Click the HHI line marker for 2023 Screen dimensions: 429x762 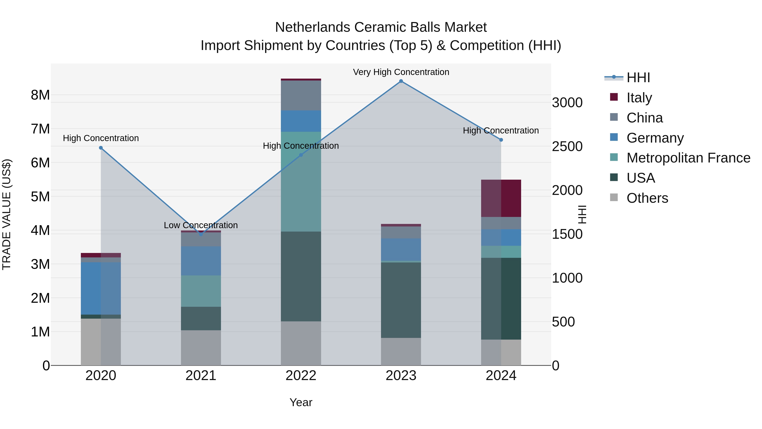click(x=401, y=81)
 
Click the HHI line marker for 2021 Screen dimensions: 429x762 click(x=201, y=234)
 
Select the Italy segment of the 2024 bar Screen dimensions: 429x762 click(x=501, y=198)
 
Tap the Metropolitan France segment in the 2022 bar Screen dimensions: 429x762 click(x=301, y=182)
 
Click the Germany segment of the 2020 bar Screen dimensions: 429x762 click(x=101, y=288)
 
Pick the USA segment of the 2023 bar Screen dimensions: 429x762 click(x=401, y=300)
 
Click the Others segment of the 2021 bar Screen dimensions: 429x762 click(x=201, y=348)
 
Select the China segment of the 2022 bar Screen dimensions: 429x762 click(x=301, y=95)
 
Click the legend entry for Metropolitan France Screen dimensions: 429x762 click(x=688, y=158)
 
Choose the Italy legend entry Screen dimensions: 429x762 click(x=639, y=97)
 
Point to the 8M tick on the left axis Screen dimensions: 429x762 click(x=40, y=95)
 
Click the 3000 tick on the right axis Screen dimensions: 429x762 click(x=567, y=103)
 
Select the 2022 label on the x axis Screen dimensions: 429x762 click(x=301, y=376)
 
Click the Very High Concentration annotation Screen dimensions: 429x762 click(x=401, y=72)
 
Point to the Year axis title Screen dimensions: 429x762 click(x=301, y=402)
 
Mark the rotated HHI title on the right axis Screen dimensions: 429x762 click(x=582, y=214)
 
